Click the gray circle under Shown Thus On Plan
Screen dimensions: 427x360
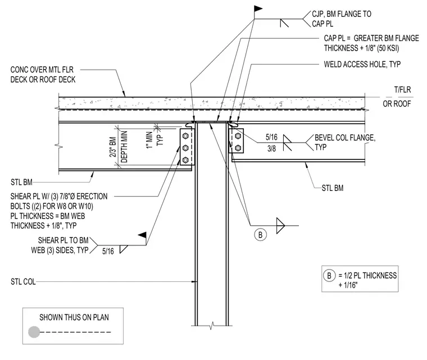point(34,332)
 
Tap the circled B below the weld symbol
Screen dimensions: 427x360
point(260,235)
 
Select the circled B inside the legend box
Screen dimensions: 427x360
point(329,276)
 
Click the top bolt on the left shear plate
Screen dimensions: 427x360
point(185,135)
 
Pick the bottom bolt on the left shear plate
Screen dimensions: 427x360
point(185,160)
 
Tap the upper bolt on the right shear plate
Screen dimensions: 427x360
point(238,136)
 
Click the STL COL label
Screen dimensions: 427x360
point(23,281)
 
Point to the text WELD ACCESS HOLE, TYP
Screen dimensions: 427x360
point(362,64)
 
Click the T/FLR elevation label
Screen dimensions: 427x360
point(402,90)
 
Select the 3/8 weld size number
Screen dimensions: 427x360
point(271,148)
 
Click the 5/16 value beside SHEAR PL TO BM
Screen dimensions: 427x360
point(108,251)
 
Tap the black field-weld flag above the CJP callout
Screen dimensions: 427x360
point(258,9)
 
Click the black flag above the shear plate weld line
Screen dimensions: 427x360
point(142,235)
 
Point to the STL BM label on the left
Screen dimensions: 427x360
point(21,182)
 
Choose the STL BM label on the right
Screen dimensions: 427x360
point(333,188)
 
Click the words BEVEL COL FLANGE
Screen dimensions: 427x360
point(345,138)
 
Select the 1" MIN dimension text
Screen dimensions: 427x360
point(149,140)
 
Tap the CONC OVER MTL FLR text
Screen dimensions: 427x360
point(42,70)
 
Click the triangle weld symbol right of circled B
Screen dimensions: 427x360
point(280,225)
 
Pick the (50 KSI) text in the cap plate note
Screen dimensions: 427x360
point(388,48)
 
